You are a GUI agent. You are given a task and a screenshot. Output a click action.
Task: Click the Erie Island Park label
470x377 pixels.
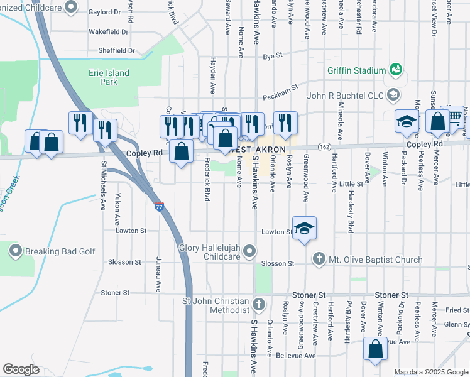point(109,77)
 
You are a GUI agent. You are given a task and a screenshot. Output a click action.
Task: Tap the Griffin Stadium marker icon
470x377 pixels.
point(395,69)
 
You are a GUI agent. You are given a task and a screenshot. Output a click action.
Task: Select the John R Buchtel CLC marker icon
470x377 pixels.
point(394,96)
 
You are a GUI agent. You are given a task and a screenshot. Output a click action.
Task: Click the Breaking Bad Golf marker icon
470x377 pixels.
point(16,251)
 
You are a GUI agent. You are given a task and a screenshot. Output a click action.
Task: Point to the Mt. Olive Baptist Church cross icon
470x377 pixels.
point(319,259)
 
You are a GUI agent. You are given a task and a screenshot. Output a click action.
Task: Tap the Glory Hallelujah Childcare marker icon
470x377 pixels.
point(250,252)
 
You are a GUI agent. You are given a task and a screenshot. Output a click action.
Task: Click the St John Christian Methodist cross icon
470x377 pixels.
point(258,305)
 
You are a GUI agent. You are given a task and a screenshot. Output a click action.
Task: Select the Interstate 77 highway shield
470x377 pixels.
point(160,205)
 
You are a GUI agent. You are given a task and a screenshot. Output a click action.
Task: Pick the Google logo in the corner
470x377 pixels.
point(21,369)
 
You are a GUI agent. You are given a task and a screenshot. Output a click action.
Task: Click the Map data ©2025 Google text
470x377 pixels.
point(430,372)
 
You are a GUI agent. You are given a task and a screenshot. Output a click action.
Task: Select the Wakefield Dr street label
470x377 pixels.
point(108,31)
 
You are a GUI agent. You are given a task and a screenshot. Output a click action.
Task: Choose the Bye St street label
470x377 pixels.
point(273,56)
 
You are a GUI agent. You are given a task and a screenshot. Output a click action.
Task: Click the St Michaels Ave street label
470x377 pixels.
point(102,185)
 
